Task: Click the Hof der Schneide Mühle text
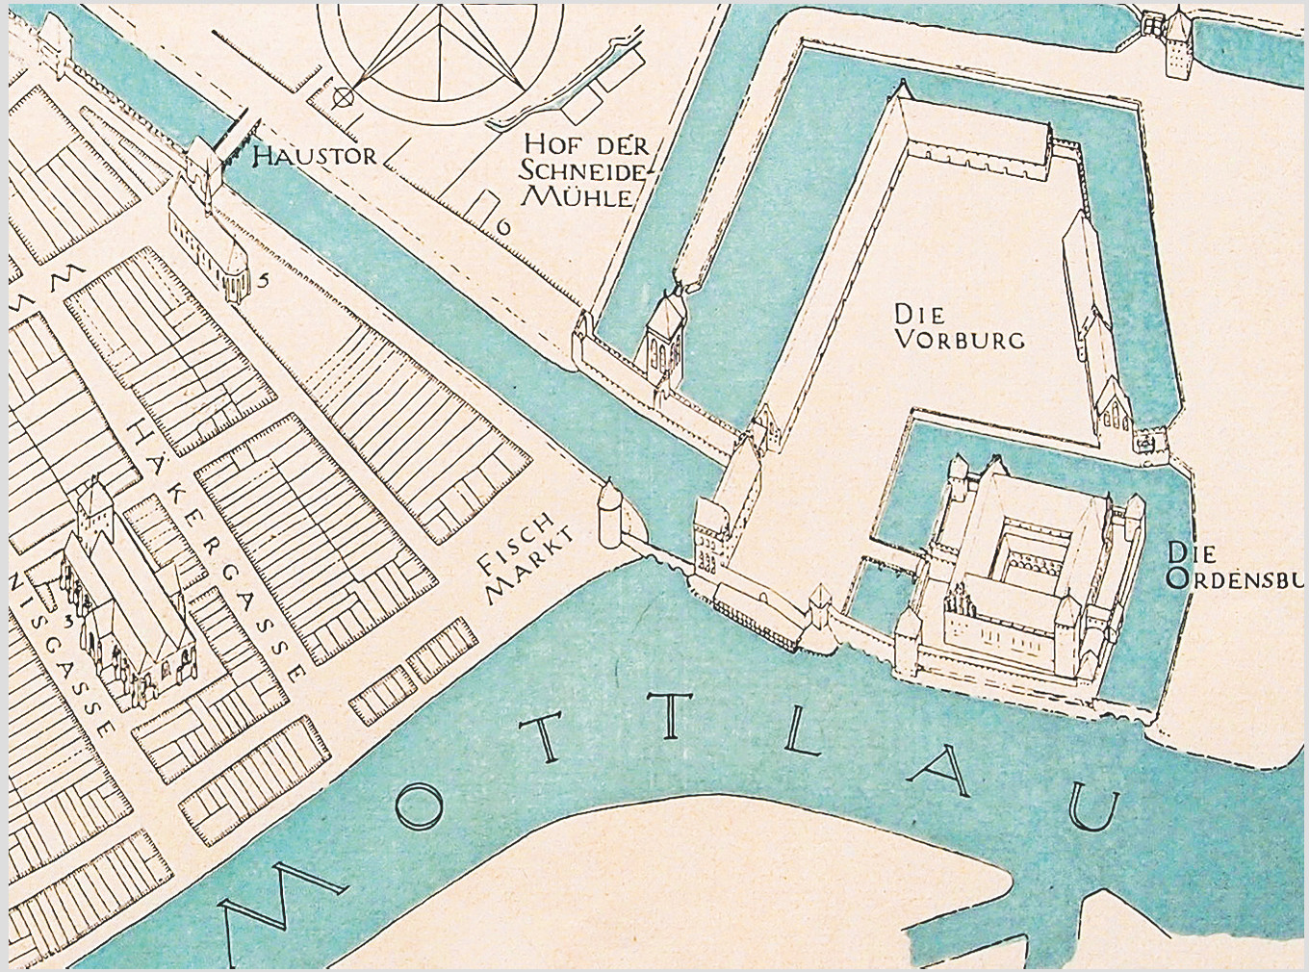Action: (581, 171)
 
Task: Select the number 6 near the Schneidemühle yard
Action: (501, 227)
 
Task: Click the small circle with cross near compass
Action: (342, 96)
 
